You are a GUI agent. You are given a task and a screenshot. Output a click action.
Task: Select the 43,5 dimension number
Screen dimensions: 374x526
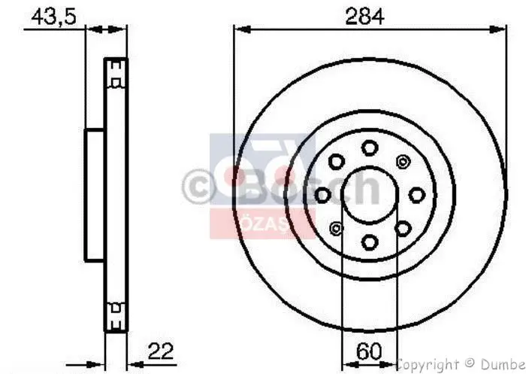coord(50,15)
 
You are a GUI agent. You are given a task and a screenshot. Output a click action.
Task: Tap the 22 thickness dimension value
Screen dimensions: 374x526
coord(162,351)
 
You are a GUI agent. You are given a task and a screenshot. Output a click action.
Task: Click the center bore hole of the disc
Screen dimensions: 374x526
coord(368,195)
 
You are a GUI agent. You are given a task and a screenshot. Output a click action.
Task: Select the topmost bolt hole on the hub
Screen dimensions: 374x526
coord(368,147)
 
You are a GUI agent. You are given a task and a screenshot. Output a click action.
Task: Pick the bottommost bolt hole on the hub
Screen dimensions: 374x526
coord(369,242)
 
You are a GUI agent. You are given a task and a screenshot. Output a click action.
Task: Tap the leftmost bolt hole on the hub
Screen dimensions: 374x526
coord(322,195)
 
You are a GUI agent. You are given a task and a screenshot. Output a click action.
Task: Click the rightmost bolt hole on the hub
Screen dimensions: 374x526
coord(416,195)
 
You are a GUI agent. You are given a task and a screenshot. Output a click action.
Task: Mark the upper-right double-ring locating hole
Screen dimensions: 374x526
coord(402,161)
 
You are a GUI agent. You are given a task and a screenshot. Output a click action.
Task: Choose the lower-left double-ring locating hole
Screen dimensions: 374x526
coord(335,229)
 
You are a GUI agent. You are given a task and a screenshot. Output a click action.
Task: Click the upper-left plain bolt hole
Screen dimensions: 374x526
coord(335,161)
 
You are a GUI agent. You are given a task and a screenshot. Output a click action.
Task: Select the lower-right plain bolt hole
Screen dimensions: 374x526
coord(402,228)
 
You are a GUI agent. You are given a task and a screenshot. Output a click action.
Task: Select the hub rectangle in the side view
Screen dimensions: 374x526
coord(94,195)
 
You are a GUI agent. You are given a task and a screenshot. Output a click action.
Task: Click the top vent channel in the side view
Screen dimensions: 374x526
coord(115,74)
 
